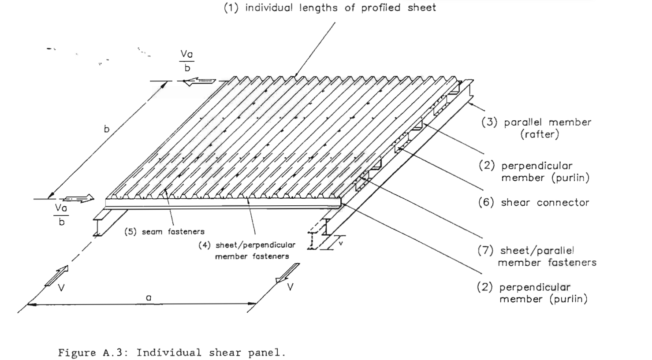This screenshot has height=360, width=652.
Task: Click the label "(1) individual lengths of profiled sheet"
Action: pyautogui.click(x=330, y=8)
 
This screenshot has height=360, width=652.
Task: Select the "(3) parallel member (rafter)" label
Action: pyautogui.click(x=536, y=128)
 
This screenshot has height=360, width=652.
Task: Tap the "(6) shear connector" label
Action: pyautogui.click(x=533, y=203)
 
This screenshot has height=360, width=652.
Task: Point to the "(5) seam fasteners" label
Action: pyautogui.click(x=164, y=231)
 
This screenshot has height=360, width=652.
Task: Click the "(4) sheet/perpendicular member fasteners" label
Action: pyautogui.click(x=247, y=250)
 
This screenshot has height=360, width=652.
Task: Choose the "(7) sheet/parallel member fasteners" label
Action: pyautogui.click(x=537, y=256)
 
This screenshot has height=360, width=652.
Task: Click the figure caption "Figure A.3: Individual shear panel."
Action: pyautogui.click(x=172, y=353)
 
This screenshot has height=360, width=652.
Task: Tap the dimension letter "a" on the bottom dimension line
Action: pyautogui.click(x=149, y=298)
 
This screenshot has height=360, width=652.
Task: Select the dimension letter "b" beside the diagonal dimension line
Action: pyautogui.click(x=106, y=129)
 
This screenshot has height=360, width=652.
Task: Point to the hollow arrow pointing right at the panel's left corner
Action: pyautogui.click(x=79, y=198)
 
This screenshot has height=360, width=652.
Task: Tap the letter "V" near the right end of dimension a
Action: pyautogui.click(x=291, y=287)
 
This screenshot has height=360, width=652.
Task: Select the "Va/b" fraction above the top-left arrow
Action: pyautogui.click(x=187, y=61)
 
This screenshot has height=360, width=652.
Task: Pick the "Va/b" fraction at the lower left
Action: pyautogui.click(x=61, y=214)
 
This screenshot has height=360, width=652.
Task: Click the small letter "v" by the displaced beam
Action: pyautogui.click(x=340, y=243)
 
